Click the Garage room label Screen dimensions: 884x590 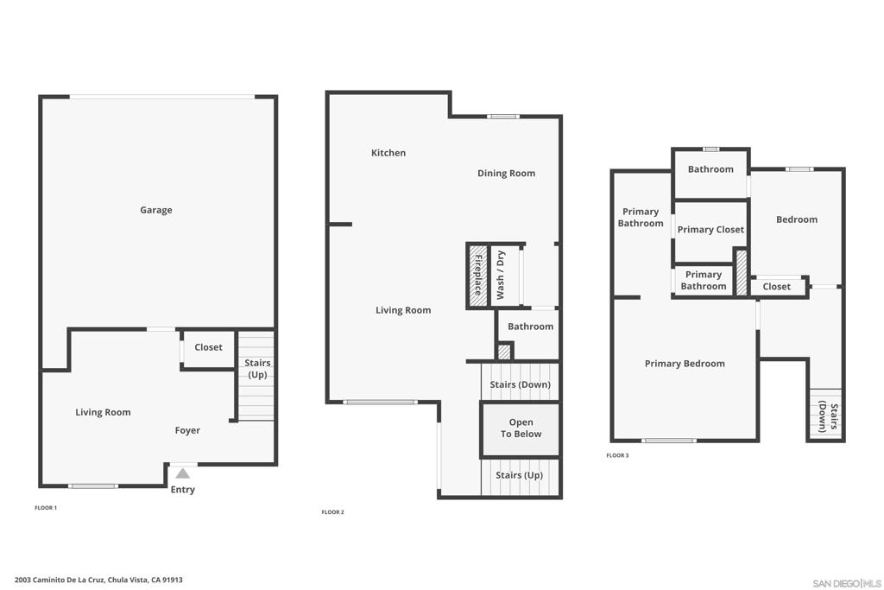(x=156, y=210)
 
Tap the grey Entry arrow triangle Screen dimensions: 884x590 (x=182, y=473)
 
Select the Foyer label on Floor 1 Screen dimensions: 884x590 (x=187, y=430)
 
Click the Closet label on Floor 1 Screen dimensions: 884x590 (x=208, y=347)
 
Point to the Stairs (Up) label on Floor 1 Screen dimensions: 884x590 (x=257, y=368)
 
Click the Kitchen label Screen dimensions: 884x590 (x=388, y=153)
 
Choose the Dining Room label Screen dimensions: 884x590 (x=506, y=173)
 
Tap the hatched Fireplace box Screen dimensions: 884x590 (x=478, y=276)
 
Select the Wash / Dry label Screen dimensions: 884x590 (x=500, y=276)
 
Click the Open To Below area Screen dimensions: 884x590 (x=521, y=428)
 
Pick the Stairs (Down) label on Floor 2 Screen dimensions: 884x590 (x=520, y=384)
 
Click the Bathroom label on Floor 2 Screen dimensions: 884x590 (x=531, y=327)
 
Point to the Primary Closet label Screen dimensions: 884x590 (x=710, y=230)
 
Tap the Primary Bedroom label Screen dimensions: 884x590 (x=685, y=364)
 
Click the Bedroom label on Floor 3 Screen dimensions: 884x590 (x=797, y=219)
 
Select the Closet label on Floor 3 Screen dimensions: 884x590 (x=776, y=287)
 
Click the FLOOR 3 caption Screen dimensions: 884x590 (x=617, y=455)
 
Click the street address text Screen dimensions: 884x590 (x=98, y=580)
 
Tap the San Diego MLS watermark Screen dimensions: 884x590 (x=846, y=583)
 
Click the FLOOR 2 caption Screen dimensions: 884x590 (x=332, y=512)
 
